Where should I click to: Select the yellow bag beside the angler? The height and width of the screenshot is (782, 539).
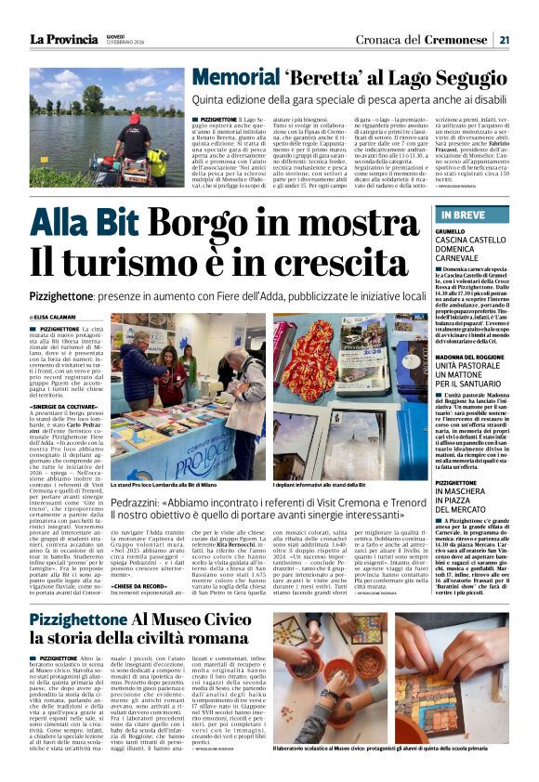157,162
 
